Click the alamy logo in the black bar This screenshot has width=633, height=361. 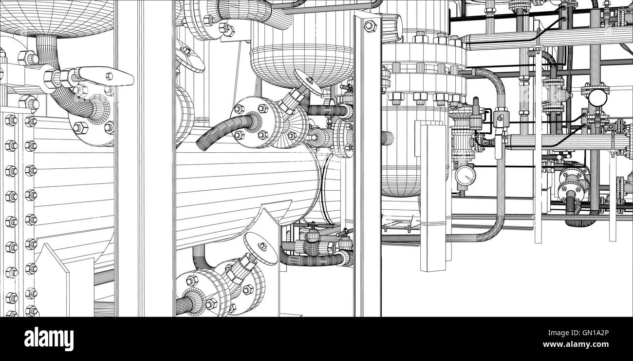tap(49, 339)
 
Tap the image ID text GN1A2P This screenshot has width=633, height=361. tap(589, 334)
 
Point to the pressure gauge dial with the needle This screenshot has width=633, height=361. tap(465, 175)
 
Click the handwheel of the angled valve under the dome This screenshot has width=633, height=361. tap(308, 82)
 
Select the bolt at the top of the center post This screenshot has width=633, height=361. tap(370, 25)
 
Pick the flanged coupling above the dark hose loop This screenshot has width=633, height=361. tap(572, 183)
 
